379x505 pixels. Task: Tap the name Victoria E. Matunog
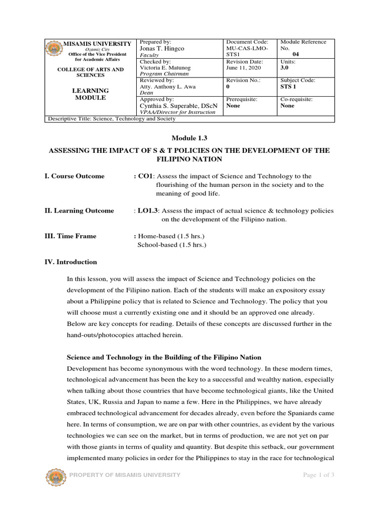coord(164,68)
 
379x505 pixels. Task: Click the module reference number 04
coord(296,55)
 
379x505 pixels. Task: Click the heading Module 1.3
coord(189,139)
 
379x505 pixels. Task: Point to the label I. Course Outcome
coord(75,176)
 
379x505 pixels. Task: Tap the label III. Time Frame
coord(71,236)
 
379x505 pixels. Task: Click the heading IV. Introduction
coord(71,262)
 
